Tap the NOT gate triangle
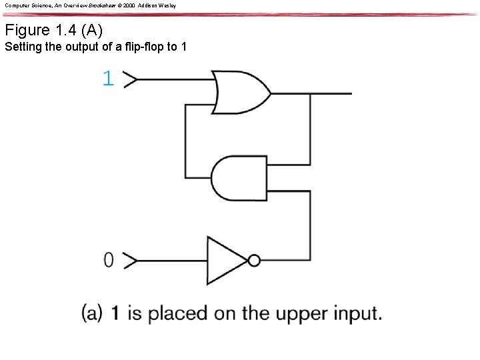[x=227, y=261]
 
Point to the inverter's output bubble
[x=254, y=261]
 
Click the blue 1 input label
[x=108, y=79]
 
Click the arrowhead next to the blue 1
[x=131, y=80]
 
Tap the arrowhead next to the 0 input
[x=131, y=261]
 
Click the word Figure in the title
[x=27, y=30]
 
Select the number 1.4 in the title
[x=67, y=30]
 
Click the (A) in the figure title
[x=92, y=30]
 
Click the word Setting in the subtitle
[x=21, y=47]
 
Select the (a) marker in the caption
[x=91, y=313]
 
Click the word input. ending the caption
[x=350, y=313]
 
